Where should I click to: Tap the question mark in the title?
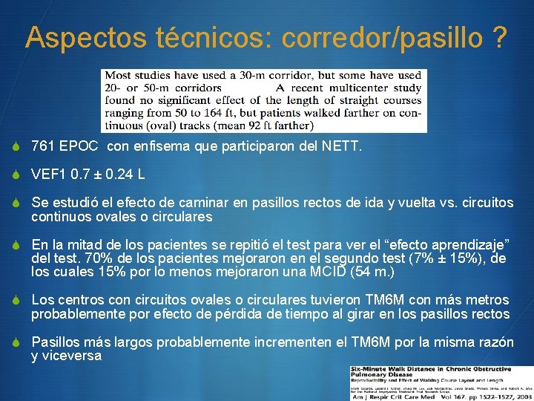click(501, 38)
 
